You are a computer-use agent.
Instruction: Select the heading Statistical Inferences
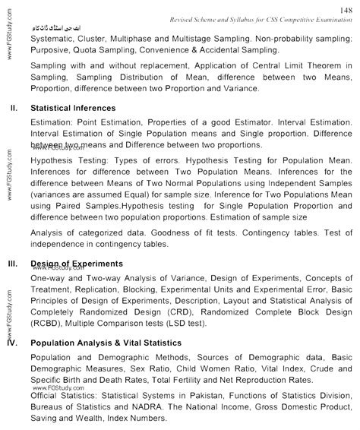(73, 108)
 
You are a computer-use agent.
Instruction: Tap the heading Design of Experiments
(73, 264)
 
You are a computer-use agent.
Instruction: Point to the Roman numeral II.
(14, 108)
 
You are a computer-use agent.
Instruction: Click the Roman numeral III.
(13, 264)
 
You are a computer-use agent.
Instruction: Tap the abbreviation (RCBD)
(47, 323)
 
